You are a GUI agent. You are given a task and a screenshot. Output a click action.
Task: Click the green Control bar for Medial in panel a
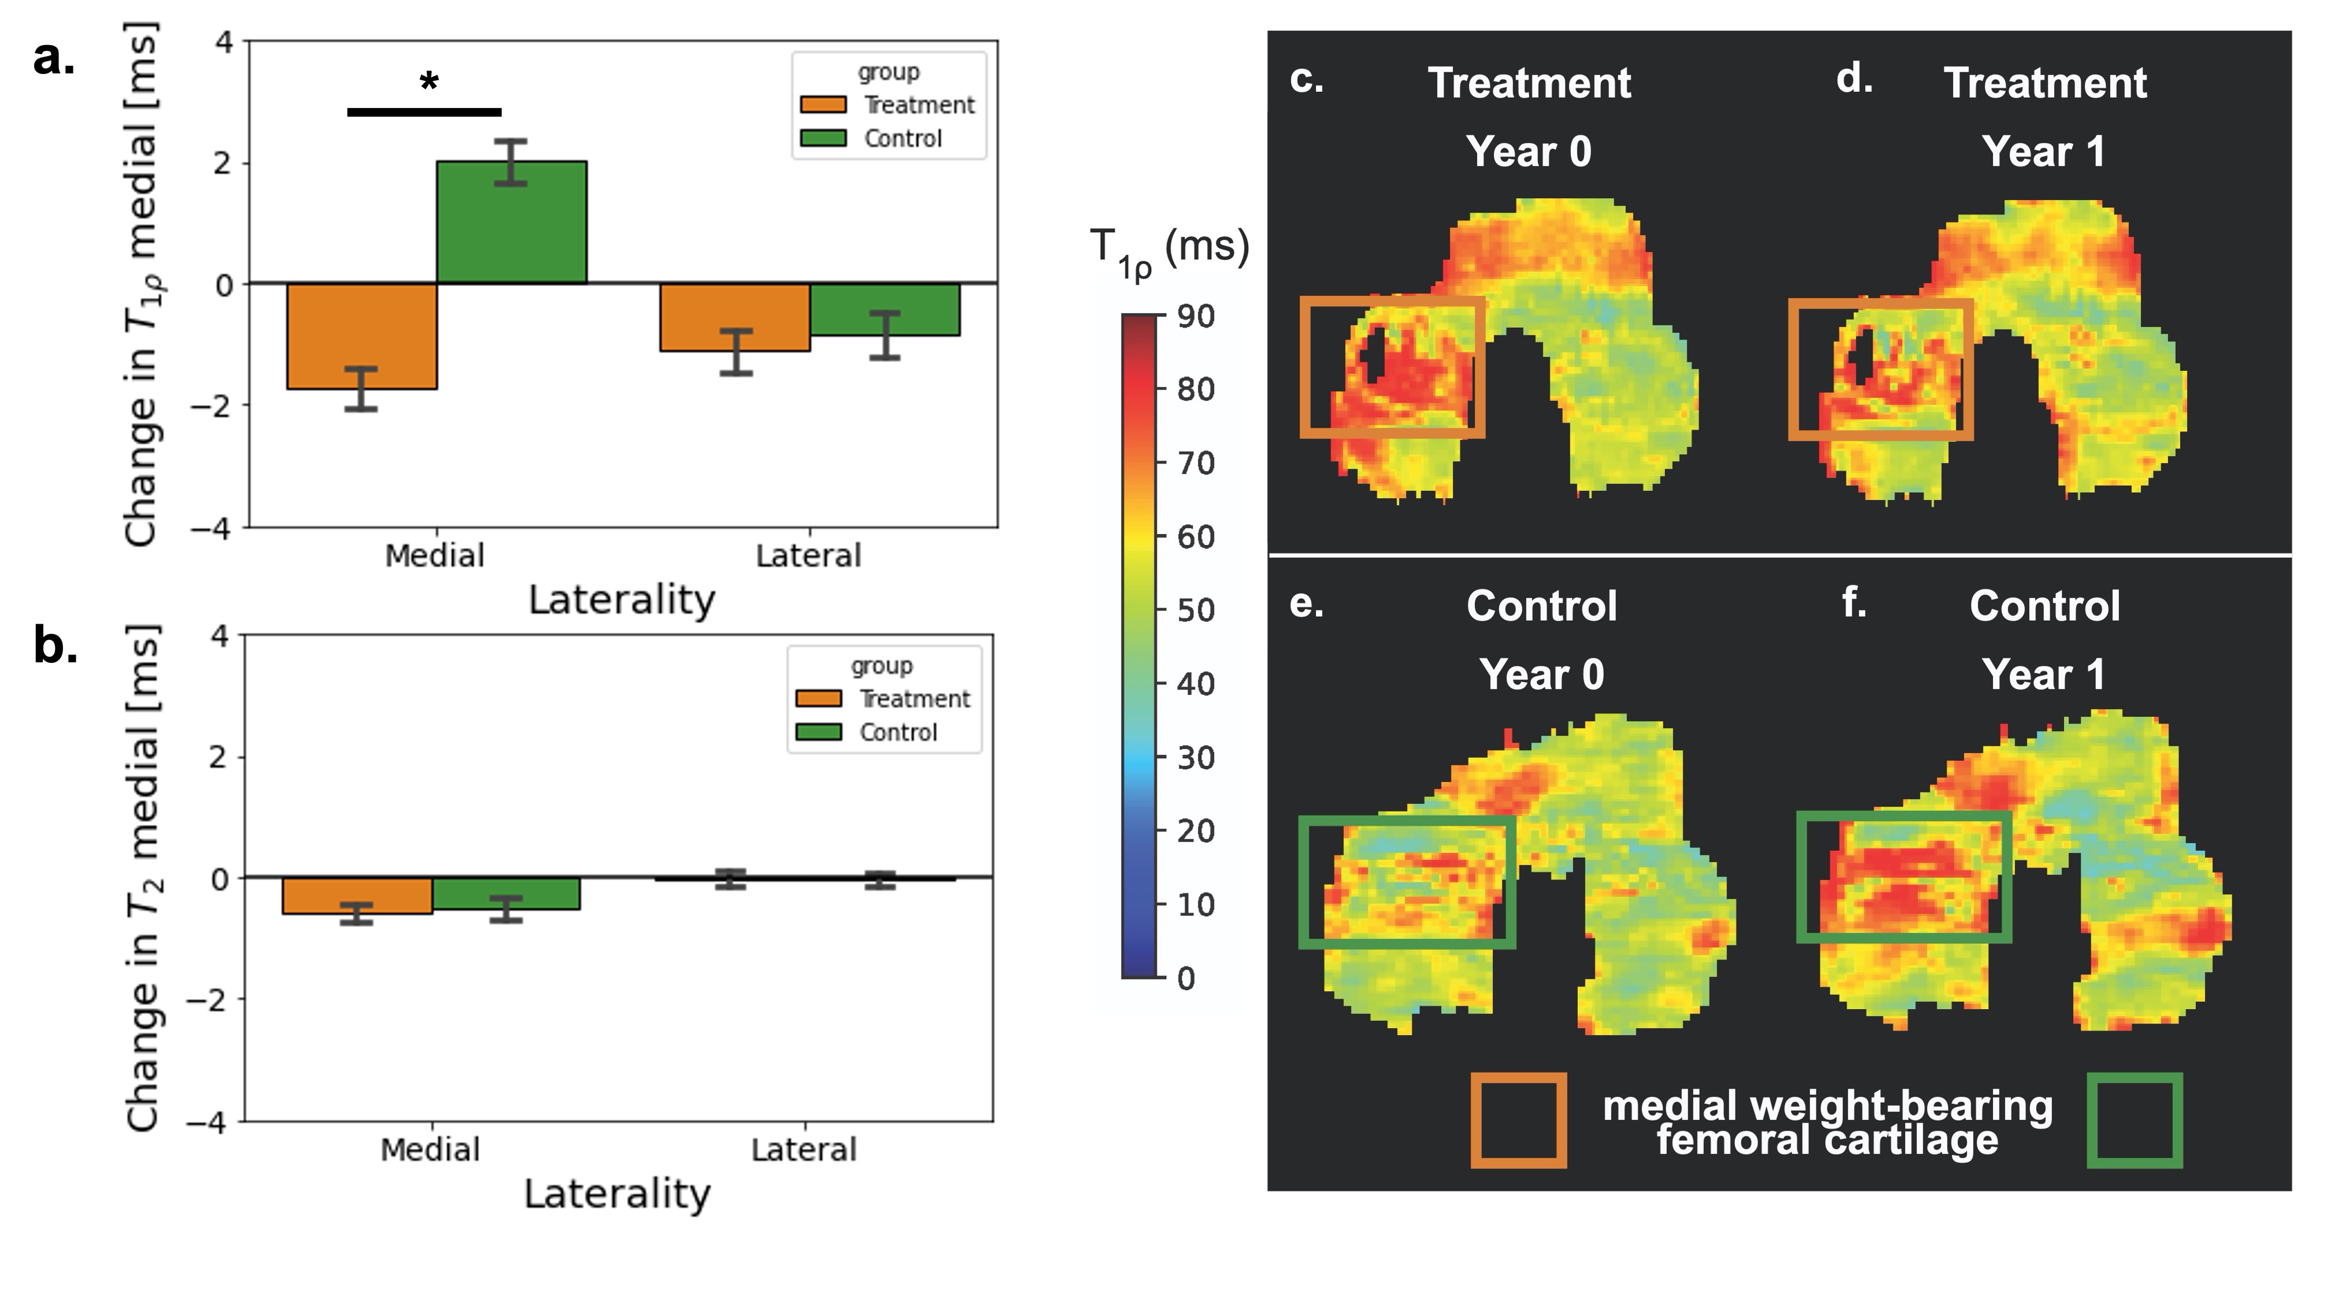(511, 223)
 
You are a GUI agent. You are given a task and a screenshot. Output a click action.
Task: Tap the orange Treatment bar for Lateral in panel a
(735, 317)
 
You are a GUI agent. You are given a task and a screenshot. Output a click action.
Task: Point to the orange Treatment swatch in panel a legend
(823, 105)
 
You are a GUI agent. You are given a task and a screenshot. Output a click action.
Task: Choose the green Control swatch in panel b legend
(818, 732)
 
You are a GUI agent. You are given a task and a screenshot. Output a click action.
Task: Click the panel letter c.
(1305, 80)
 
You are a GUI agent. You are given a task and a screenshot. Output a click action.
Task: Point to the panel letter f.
(1853, 602)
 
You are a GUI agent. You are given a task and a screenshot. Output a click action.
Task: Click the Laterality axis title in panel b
(617, 1194)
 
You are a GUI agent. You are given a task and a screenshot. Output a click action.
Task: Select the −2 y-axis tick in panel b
(208, 1000)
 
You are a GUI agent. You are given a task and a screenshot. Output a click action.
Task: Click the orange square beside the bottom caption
(1519, 1121)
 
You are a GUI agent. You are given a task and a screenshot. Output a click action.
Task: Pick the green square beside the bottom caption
(2135, 1121)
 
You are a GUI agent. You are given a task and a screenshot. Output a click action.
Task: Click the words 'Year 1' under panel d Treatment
(2044, 151)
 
